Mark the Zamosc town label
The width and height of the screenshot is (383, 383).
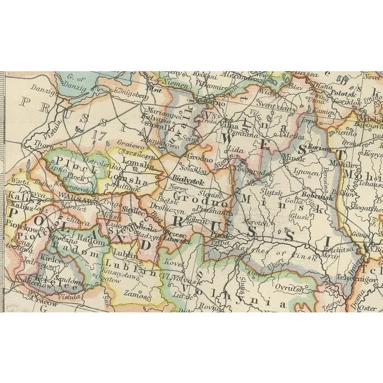click(x=138, y=294)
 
